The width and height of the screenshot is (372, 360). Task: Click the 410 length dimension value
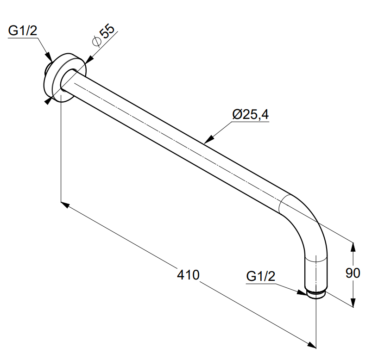tap(188, 275)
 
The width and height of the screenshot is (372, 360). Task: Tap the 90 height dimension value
tap(353, 273)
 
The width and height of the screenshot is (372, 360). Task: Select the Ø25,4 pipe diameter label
tap(251, 114)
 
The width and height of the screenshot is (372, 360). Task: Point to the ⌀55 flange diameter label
tap(103, 35)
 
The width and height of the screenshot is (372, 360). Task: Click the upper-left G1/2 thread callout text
tap(23, 31)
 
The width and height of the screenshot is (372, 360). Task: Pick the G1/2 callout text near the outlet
tap(261, 276)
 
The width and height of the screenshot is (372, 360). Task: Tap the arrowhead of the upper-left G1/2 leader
tap(49, 57)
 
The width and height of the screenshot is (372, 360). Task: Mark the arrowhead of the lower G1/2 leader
tap(302, 292)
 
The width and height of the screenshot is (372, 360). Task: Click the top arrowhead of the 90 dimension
tap(353, 247)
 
